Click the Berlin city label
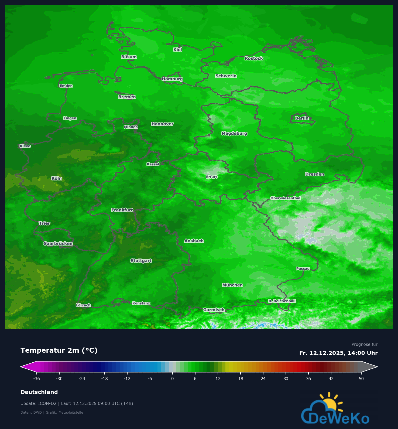301,118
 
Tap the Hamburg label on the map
172,79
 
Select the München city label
232,285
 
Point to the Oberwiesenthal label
285,198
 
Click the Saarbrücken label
58,243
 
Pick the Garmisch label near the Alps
214,310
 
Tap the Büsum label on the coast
129,57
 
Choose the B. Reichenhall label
282,301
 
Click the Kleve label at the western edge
25,146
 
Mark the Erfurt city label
211,177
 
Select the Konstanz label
141,303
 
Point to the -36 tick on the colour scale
37,379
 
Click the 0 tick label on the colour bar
173,379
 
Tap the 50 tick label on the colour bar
361,379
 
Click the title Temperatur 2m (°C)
59,350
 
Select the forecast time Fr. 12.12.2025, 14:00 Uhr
338,353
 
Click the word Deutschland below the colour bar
39,392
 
